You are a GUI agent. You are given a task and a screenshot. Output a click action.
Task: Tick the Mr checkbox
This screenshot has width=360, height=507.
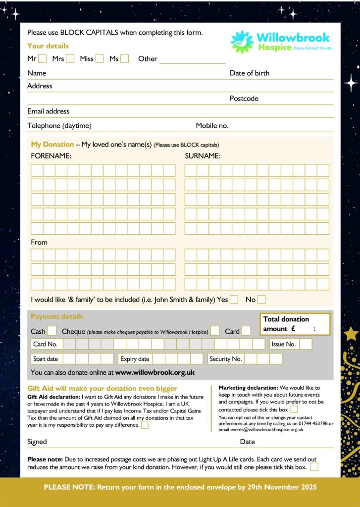43,58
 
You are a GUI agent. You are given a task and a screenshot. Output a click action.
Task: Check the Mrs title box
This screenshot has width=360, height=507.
70,58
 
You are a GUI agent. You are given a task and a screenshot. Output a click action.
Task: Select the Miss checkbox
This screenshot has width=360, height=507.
100,58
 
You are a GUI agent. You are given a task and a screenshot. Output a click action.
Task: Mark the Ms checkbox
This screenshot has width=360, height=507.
124,58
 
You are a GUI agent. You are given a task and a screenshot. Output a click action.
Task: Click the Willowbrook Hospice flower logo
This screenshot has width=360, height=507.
242,42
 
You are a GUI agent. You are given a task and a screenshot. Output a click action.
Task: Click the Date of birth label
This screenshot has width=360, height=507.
250,73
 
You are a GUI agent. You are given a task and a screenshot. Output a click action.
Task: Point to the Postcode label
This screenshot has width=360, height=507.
244,99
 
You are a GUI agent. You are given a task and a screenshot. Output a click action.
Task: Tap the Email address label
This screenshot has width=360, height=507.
48,111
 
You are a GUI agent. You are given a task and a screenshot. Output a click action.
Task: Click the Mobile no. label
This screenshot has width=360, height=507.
212,126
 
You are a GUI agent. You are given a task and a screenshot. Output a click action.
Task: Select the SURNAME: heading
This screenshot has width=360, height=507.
203,156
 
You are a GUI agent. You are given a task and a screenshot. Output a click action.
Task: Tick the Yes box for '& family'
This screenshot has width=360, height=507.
234,299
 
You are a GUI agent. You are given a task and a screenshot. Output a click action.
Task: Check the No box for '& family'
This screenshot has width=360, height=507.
261,299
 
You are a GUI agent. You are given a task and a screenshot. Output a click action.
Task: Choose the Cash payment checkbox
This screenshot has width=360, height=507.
51,331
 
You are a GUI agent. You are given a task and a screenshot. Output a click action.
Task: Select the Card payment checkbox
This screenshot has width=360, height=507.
246,331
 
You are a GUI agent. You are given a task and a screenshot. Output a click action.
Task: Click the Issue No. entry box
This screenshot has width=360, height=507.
306,344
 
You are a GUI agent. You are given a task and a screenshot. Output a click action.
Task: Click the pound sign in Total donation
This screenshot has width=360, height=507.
294,329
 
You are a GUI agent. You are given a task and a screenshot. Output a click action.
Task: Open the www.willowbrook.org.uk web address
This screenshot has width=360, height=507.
154,372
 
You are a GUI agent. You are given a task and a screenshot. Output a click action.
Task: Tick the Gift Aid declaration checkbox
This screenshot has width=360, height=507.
145,425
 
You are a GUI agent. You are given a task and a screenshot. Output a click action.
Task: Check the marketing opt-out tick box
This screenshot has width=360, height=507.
294,409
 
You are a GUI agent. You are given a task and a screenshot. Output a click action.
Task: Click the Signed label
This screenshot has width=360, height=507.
37,442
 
